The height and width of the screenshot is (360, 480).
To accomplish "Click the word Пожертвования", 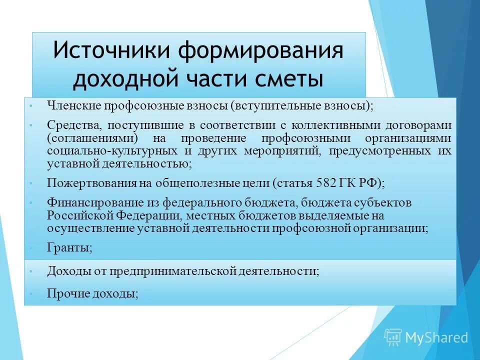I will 91,183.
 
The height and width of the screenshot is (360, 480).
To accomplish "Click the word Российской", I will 80,215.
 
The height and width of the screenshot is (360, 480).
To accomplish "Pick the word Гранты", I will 69,247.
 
